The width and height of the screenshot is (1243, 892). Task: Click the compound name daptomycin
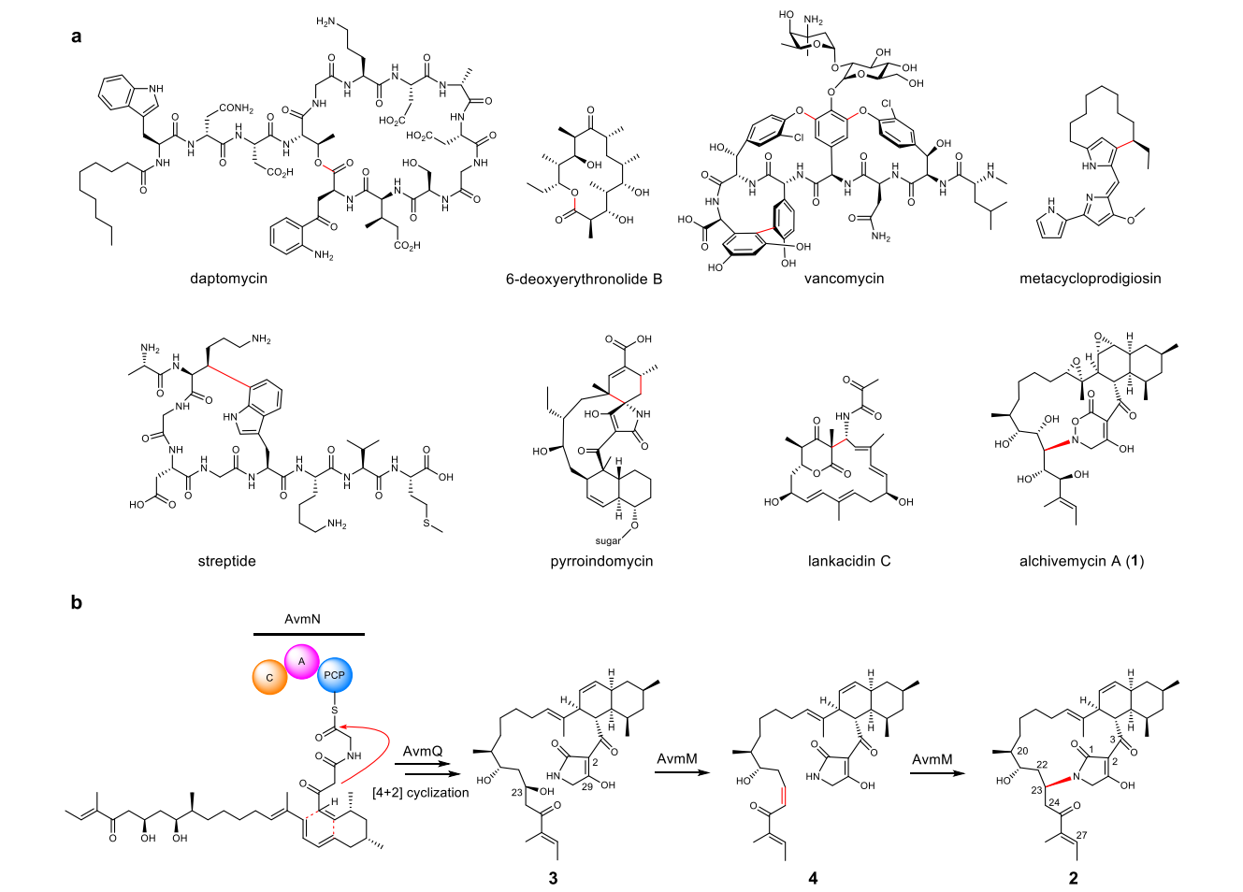228,278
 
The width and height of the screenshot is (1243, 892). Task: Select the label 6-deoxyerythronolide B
584,278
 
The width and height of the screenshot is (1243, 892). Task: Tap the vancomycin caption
844,278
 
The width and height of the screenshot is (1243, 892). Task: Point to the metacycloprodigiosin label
1090,278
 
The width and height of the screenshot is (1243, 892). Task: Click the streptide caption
226,561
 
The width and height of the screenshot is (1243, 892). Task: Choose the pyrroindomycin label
601,561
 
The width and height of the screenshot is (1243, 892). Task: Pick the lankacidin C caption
849,561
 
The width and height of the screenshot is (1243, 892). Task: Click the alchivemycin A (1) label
1081,561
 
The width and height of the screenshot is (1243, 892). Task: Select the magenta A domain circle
302,661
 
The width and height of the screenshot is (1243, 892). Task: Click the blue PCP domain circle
334,675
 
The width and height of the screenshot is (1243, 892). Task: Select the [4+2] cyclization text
420,793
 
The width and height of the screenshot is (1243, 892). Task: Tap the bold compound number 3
554,878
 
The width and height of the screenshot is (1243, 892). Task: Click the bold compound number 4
813,878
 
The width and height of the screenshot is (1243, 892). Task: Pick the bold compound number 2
1074,878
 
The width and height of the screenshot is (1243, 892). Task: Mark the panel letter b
76,603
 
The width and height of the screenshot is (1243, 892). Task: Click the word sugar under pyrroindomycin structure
608,540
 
